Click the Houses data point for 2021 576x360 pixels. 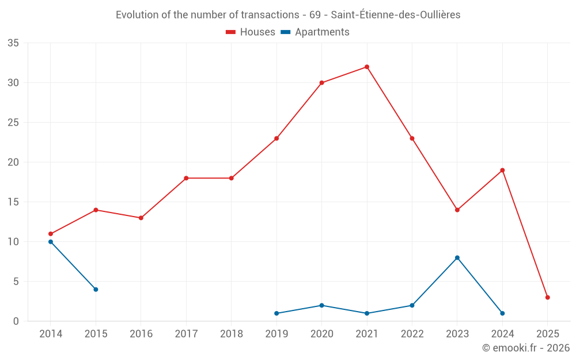point(367,67)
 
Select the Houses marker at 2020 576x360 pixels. point(321,83)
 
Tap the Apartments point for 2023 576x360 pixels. point(457,257)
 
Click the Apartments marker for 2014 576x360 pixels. point(51,242)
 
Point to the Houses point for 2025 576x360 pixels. point(548,297)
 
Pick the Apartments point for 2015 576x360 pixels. point(96,289)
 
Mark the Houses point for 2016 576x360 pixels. point(141,218)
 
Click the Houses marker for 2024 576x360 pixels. point(502,170)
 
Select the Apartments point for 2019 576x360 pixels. point(276,313)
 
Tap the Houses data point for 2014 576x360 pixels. point(51,234)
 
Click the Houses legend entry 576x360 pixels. point(251,32)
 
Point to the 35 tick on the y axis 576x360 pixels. point(13,43)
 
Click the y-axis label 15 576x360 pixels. point(13,202)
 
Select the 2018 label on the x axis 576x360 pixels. point(231,334)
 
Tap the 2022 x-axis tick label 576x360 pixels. point(412,334)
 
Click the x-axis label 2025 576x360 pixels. point(548,334)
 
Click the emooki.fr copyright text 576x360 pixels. point(525,348)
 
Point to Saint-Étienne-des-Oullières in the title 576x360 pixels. point(396,15)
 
